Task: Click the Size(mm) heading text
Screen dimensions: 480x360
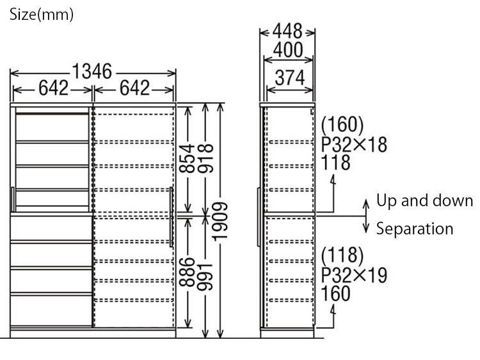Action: (x=42, y=15)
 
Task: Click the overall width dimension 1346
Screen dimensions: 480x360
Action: (x=92, y=71)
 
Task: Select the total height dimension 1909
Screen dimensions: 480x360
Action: (x=220, y=221)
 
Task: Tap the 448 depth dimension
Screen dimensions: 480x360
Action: (x=287, y=31)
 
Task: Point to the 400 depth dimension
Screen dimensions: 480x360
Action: (x=288, y=49)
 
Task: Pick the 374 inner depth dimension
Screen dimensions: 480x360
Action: (x=289, y=78)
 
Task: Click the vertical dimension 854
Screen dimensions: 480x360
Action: (x=187, y=158)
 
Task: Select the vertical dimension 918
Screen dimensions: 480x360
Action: (x=205, y=158)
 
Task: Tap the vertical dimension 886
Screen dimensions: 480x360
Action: (x=187, y=272)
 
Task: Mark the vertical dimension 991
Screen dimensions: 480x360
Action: (x=205, y=276)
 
